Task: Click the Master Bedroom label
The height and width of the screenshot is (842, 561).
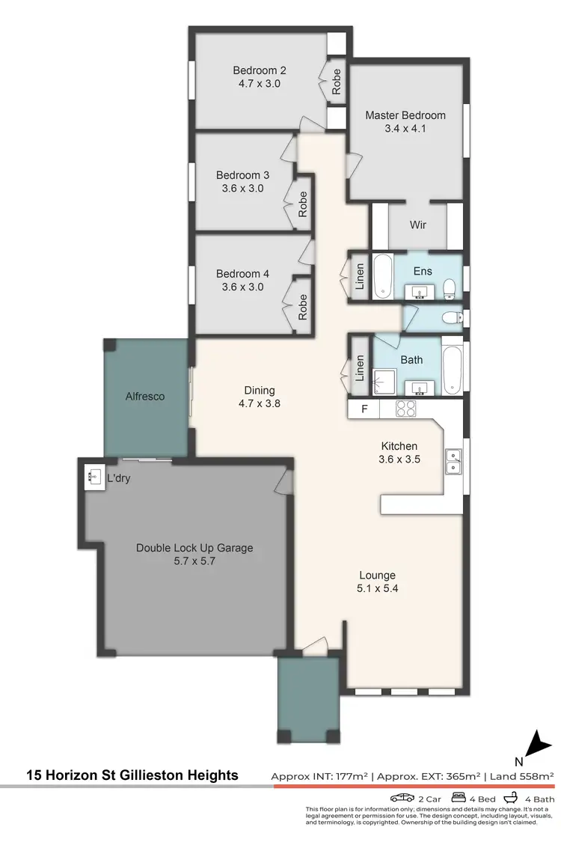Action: tap(405, 115)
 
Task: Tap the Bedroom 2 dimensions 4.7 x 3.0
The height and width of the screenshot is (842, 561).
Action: tap(259, 85)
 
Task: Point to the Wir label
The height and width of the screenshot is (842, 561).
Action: tap(417, 225)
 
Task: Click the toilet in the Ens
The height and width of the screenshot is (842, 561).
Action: tap(450, 288)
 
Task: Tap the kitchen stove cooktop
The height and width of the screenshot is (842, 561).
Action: tap(405, 409)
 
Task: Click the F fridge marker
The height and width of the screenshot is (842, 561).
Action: tap(364, 409)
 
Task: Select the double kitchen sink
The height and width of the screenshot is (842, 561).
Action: tap(453, 461)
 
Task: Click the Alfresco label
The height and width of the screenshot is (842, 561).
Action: tap(145, 396)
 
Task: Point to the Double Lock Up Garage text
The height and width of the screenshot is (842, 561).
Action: tap(194, 548)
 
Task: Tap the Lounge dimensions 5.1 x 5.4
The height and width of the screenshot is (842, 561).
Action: tap(377, 589)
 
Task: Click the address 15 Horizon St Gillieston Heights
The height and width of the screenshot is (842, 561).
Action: tap(132, 775)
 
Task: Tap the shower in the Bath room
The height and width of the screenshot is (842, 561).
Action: tap(385, 382)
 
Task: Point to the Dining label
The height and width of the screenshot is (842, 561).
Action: tap(260, 390)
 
